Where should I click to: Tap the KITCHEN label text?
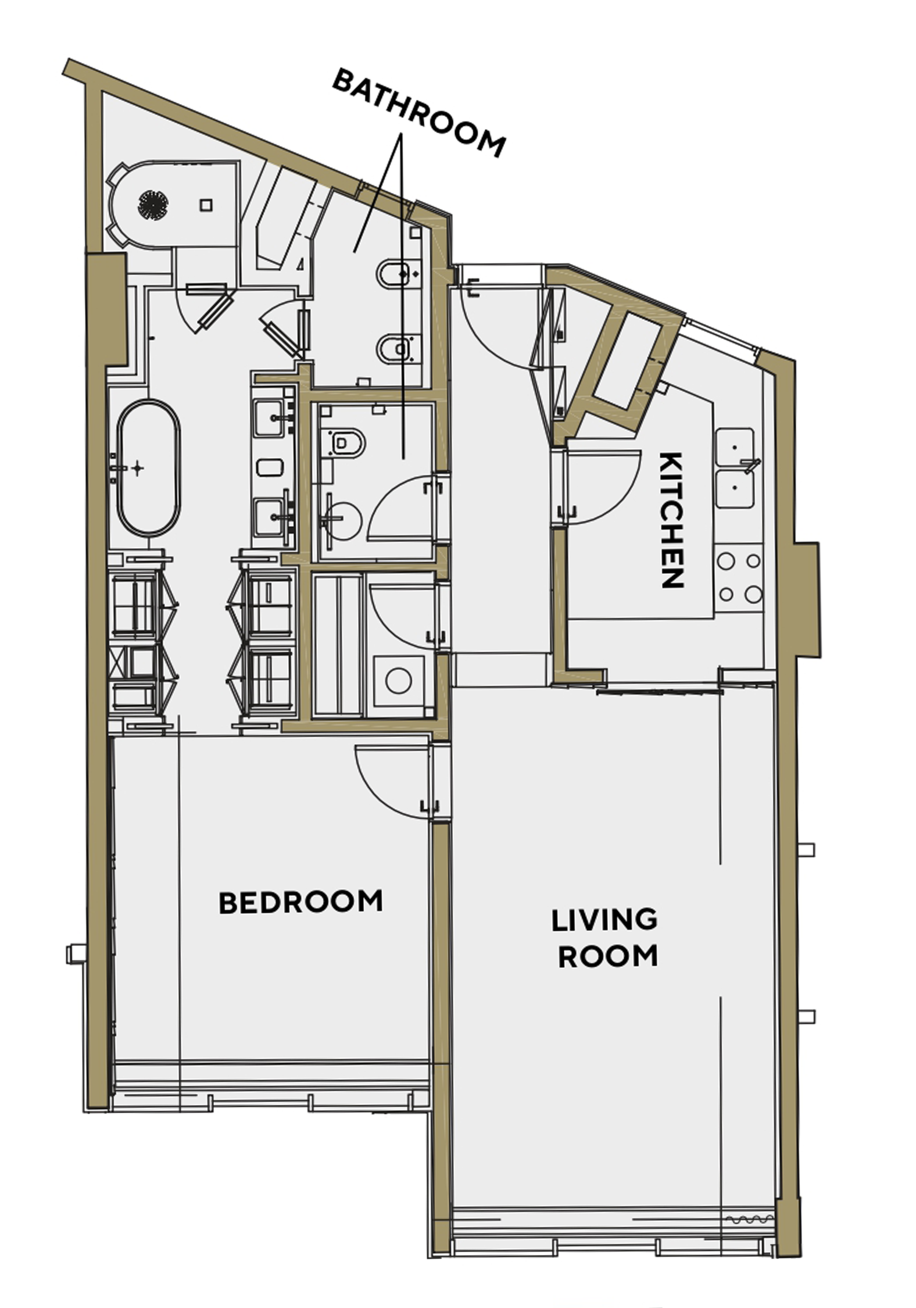pos(672,520)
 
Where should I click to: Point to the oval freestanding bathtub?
pos(149,467)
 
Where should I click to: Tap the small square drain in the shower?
pos(206,205)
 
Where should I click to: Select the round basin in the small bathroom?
pos(342,517)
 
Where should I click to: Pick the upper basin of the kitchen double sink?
pos(735,447)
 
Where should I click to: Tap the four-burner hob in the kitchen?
pos(739,577)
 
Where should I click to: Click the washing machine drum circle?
pos(399,681)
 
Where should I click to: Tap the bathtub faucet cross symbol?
pos(137,468)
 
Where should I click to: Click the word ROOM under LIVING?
pos(607,956)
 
